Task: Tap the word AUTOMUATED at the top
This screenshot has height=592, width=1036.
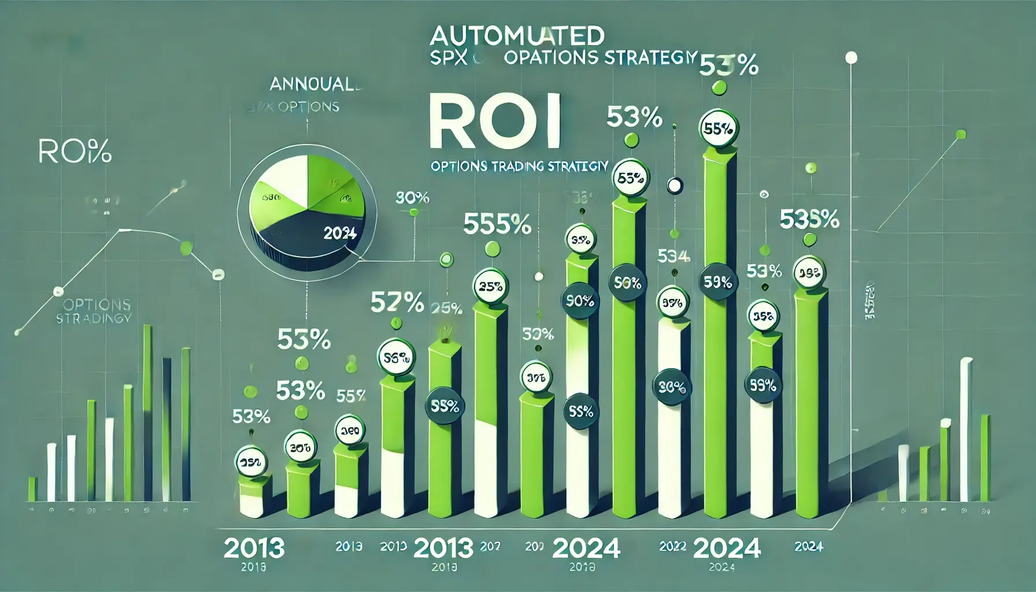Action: click(x=517, y=36)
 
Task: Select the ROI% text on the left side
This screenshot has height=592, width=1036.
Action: click(x=75, y=152)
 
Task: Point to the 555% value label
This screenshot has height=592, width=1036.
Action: click(x=497, y=224)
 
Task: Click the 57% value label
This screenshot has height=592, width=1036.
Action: click(x=397, y=302)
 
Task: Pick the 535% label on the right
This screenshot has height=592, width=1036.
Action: click(x=809, y=219)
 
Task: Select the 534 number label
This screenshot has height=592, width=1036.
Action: click(x=674, y=256)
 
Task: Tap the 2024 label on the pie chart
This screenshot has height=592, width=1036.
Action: click(x=340, y=234)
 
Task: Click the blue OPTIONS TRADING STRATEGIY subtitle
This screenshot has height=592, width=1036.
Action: click(x=519, y=166)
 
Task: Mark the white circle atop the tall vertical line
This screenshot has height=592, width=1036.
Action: click(x=851, y=58)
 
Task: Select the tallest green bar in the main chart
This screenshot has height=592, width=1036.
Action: click(x=720, y=335)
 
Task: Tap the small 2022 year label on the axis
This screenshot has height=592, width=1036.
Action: click(x=672, y=546)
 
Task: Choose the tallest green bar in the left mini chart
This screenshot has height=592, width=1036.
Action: click(x=147, y=413)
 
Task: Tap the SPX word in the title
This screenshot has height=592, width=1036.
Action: click(x=448, y=58)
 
